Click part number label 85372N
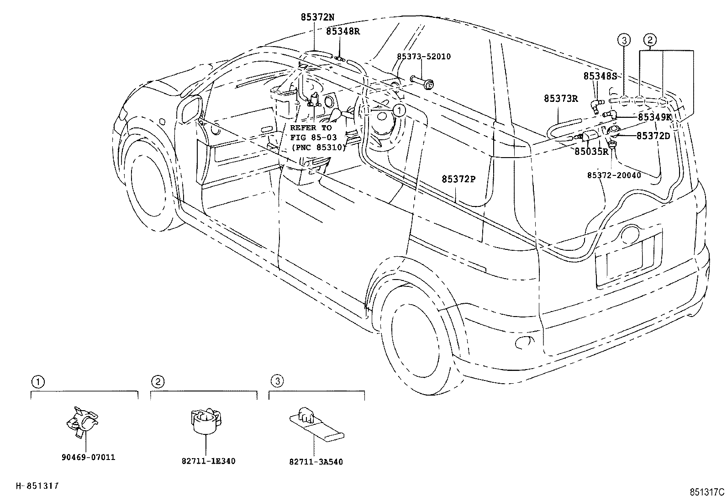point(317,17)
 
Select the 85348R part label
point(343,32)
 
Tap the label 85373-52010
point(423,57)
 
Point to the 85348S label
point(600,76)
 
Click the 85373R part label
point(561,99)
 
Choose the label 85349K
point(654,117)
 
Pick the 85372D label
point(653,136)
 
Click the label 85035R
point(591,152)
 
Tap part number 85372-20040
point(614,175)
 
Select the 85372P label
point(458,179)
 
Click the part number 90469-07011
point(88,457)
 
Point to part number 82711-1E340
point(208,461)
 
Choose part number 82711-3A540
point(316,462)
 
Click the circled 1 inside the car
point(399,111)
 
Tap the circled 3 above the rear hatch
point(624,40)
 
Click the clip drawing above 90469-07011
point(82,422)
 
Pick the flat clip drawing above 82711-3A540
point(316,424)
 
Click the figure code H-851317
point(37,486)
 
